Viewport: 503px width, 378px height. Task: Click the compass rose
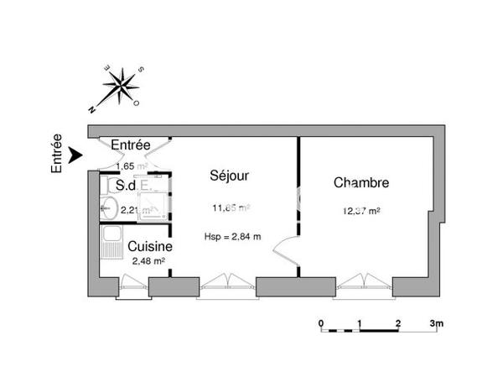(122, 86)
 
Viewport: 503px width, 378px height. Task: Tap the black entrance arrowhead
(75, 154)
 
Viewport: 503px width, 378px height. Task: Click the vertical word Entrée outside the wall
(57, 154)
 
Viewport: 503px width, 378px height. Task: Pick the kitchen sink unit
(109, 247)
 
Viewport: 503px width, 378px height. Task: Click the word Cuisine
(150, 247)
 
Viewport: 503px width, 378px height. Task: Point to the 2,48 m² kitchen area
(148, 261)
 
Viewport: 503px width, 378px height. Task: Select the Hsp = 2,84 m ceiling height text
(232, 236)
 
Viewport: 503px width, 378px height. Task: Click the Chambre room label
(361, 182)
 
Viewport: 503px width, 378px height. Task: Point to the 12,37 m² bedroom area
(362, 211)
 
